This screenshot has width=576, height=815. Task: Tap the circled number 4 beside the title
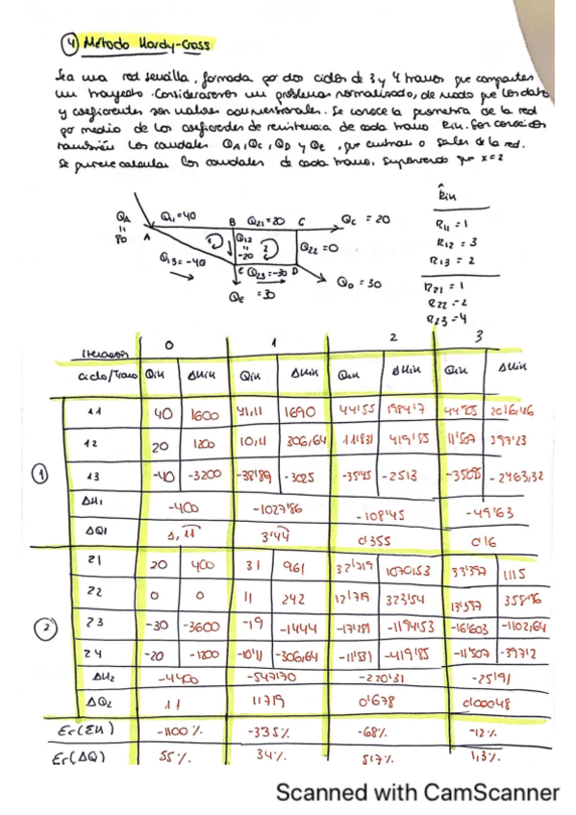point(67,44)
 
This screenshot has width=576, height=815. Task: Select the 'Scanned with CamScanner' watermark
point(417,792)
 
